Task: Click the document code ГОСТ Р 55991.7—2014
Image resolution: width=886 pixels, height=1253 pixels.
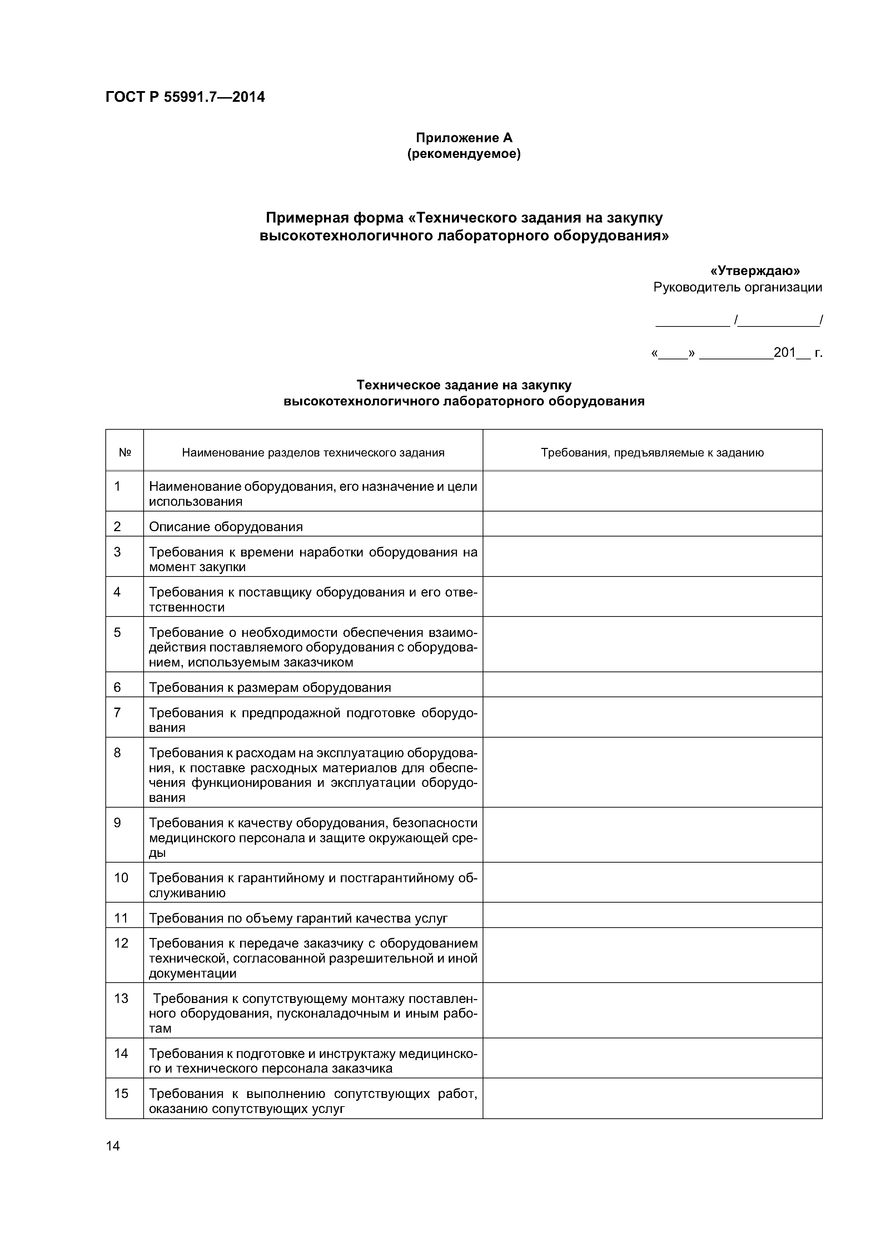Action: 185,97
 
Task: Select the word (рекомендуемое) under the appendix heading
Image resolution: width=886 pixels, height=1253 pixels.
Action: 464,154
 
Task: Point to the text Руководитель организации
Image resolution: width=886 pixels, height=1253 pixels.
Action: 737,288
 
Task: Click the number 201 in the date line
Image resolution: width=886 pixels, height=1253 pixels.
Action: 785,353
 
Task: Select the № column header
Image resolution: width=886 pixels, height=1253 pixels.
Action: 124,453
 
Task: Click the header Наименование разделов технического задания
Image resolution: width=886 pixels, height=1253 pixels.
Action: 313,453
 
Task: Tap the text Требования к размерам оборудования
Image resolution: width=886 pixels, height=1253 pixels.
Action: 270,687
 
